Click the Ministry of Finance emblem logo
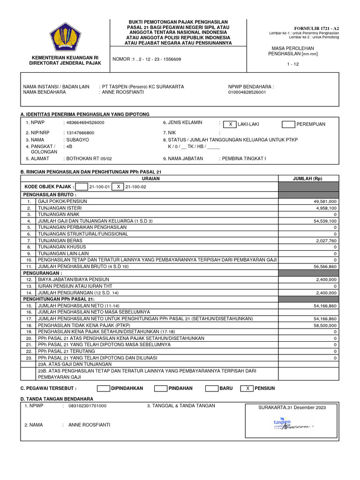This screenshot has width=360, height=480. [65, 40]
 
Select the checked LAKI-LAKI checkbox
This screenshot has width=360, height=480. [230, 124]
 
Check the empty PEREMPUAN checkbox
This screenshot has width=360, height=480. [288, 124]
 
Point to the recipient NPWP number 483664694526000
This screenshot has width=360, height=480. [86, 122]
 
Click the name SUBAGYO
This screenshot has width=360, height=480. [78, 140]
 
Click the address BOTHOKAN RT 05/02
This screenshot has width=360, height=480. [90, 159]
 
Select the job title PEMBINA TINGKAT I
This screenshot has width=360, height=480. [244, 159]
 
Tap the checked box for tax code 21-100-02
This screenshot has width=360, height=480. [119, 187]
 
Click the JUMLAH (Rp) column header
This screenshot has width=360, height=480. [307, 179]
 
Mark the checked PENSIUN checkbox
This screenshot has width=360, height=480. [247, 388]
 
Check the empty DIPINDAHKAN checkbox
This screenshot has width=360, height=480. [103, 388]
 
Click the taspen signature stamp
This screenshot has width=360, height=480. [291, 425]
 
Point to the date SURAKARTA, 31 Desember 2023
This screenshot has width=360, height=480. [292, 408]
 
